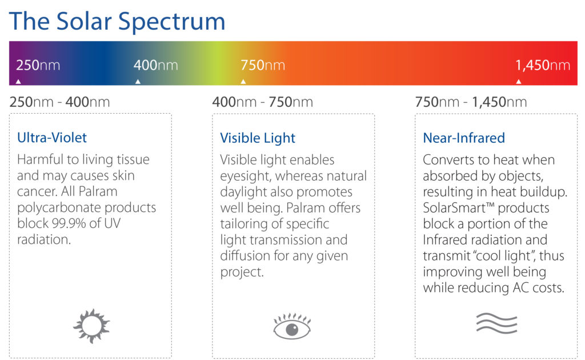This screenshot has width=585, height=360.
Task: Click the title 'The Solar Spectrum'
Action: click(x=117, y=21)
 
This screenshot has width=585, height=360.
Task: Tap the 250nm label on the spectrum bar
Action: click(x=38, y=65)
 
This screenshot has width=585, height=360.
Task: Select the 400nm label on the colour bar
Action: click(x=155, y=65)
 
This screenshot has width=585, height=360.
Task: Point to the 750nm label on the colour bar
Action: click(x=263, y=65)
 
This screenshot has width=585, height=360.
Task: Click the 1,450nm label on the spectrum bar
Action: click(x=543, y=65)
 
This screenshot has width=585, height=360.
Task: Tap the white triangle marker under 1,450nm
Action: click(x=519, y=81)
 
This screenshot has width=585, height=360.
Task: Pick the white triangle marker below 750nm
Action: click(x=243, y=81)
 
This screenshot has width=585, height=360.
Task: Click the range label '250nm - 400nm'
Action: click(x=59, y=102)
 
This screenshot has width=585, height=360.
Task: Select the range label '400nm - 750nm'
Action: click(x=263, y=102)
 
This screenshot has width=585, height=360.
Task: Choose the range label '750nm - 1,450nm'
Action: click(x=471, y=102)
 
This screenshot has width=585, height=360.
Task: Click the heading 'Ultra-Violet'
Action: click(x=52, y=138)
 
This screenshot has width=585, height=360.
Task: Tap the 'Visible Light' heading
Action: click(x=258, y=138)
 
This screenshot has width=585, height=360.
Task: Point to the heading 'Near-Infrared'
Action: click(x=464, y=138)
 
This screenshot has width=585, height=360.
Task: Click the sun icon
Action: click(x=91, y=326)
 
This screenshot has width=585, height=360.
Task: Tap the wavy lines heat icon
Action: click(x=496, y=323)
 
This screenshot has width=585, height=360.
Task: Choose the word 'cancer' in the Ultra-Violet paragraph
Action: click(x=37, y=192)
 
